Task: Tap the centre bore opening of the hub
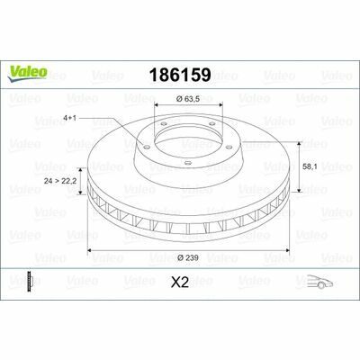coord(186,135)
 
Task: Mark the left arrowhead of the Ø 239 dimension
coord(89,250)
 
